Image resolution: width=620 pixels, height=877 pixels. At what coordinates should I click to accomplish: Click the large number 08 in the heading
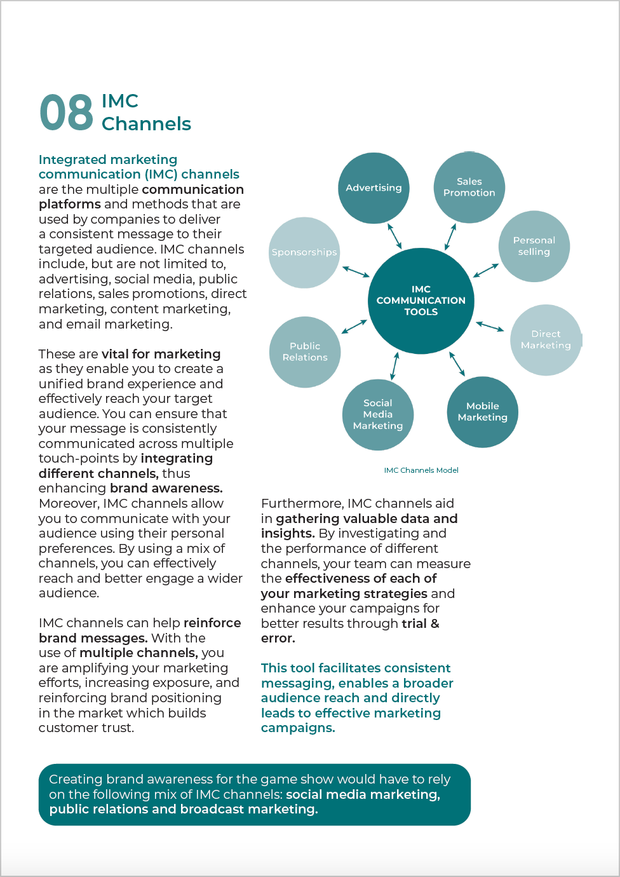pyautogui.click(x=66, y=113)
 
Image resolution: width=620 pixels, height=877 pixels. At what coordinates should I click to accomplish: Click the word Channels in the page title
pyautogui.click(x=146, y=124)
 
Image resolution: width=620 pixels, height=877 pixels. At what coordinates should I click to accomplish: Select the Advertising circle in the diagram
pyautogui.click(x=374, y=188)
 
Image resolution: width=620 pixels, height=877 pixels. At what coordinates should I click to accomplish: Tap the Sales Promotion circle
pyautogui.click(x=469, y=187)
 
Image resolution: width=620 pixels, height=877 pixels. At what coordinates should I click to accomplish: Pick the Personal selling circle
pyautogui.click(x=534, y=246)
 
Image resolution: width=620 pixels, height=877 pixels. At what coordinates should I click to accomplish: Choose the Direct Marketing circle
pyautogui.click(x=546, y=340)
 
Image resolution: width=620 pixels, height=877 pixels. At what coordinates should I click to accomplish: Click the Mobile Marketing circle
pyautogui.click(x=482, y=412)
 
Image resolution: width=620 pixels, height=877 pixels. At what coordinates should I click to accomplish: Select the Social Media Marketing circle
pyautogui.click(x=378, y=414)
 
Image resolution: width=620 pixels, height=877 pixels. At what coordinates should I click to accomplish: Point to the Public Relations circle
pyautogui.click(x=305, y=352)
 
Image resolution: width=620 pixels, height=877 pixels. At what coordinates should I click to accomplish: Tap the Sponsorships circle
pyautogui.click(x=304, y=252)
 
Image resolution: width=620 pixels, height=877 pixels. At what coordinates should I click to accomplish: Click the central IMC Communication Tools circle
pyautogui.click(x=421, y=301)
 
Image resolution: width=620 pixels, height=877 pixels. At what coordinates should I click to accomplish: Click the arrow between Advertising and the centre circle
pyautogui.click(x=394, y=236)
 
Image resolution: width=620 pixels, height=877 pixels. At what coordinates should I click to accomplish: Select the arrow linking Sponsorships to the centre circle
pyautogui.click(x=356, y=272)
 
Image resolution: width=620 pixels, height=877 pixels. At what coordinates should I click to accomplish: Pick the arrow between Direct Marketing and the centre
pyautogui.click(x=490, y=326)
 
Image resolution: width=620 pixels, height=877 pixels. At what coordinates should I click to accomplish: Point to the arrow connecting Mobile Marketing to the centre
pyautogui.click(x=457, y=364)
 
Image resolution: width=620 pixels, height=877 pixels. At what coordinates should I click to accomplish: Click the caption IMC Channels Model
pyautogui.click(x=421, y=470)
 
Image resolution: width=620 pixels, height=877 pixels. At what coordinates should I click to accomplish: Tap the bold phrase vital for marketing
pyautogui.click(x=161, y=354)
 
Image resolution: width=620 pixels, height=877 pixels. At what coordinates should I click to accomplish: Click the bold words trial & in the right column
pyautogui.click(x=420, y=623)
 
